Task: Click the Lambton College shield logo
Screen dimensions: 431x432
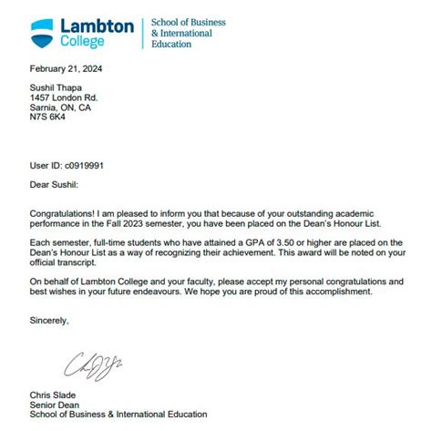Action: (x=42, y=33)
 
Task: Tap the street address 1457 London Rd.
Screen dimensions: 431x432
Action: (x=63, y=97)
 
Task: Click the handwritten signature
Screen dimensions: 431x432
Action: (x=94, y=364)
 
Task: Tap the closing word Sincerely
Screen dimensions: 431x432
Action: (x=49, y=321)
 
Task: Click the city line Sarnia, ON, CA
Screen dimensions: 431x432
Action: (x=60, y=108)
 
